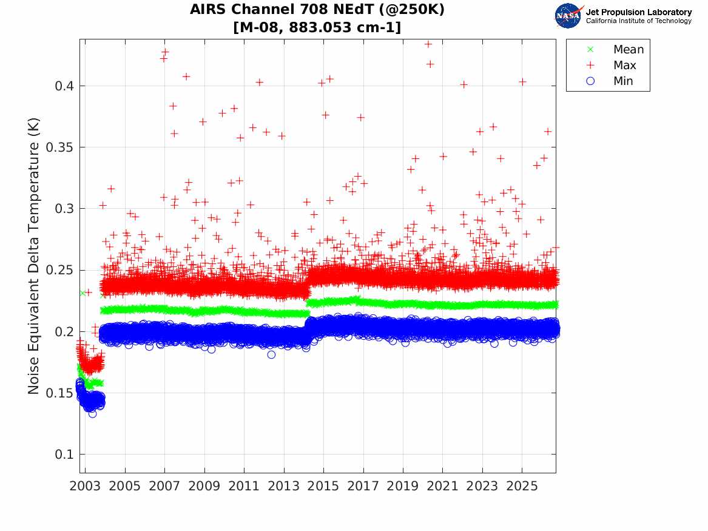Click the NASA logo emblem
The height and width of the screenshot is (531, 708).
(568, 16)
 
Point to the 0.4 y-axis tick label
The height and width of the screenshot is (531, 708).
(64, 86)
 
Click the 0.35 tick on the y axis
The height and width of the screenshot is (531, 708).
(60, 147)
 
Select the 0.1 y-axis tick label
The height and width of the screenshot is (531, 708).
(64, 455)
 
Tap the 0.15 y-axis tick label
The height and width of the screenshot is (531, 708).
(60, 393)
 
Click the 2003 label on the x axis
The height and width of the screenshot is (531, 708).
(85, 486)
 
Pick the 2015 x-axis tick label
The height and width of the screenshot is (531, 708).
(323, 486)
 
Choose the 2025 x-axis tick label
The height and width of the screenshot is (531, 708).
(522, 486)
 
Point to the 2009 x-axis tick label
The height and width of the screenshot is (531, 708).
(204, 486)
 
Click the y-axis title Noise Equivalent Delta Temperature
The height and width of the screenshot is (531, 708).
(34, 256)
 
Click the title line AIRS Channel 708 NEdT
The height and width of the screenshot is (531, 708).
(317, 9)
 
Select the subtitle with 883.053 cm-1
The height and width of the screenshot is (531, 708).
(317, 27)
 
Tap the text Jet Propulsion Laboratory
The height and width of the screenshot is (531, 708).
(639, 12)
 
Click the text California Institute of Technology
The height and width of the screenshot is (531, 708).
(639, 21)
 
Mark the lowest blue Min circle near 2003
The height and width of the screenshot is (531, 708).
(93, 414)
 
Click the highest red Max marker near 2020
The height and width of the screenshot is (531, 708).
(428, 44)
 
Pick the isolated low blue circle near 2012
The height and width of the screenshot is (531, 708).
(271, 355)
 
